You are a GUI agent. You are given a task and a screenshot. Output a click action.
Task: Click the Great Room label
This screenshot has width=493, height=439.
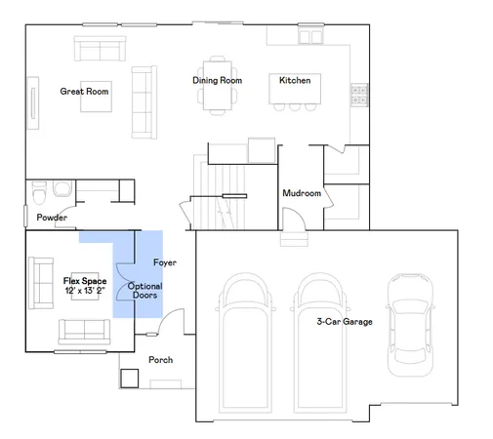click(x=84, y=92)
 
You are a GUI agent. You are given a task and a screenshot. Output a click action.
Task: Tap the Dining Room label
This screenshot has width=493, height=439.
click(x=217, y=80)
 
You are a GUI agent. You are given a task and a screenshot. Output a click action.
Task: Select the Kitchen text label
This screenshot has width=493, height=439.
click(x=295, y=80)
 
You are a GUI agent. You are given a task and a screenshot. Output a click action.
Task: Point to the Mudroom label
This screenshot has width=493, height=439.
click(x=302, y=193)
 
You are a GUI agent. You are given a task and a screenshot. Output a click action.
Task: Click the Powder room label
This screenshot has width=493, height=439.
click(x=52, y=218)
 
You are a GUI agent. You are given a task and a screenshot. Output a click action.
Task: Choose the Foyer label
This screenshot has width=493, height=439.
click(x=165, y=263)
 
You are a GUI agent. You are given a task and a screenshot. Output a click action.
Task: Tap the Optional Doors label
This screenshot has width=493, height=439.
click(x=144, y=290)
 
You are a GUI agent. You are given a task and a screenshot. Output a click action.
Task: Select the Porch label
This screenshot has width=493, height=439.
click(x=160, y=360)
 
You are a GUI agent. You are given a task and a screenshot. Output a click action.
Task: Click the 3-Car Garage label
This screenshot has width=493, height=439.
click(x=345, y=321)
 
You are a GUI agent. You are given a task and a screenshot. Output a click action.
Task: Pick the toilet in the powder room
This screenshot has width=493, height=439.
click(x=40, y=188)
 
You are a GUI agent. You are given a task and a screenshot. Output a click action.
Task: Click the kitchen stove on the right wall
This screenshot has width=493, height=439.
click(x=358, y=95)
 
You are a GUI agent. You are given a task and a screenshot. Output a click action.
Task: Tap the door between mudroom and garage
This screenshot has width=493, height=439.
click(x=293, y=235)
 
